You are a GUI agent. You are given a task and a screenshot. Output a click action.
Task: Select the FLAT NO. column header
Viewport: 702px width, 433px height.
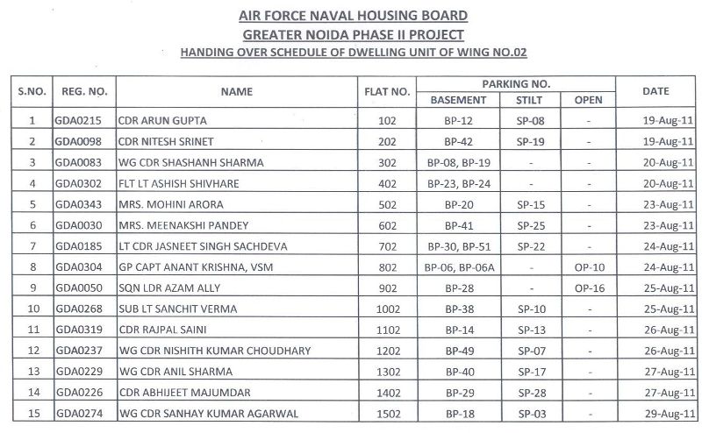[385, 91]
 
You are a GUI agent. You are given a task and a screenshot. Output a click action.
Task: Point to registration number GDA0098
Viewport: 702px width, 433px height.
[78, 141]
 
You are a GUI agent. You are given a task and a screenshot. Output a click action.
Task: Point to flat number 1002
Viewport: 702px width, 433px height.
[385, 309]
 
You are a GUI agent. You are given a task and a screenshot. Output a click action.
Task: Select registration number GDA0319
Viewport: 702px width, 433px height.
[78, 330]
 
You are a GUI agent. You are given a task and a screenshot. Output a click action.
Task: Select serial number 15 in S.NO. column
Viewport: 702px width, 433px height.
[32, 414]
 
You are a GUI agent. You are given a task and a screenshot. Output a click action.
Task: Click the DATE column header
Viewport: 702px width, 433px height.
[655, 91]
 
